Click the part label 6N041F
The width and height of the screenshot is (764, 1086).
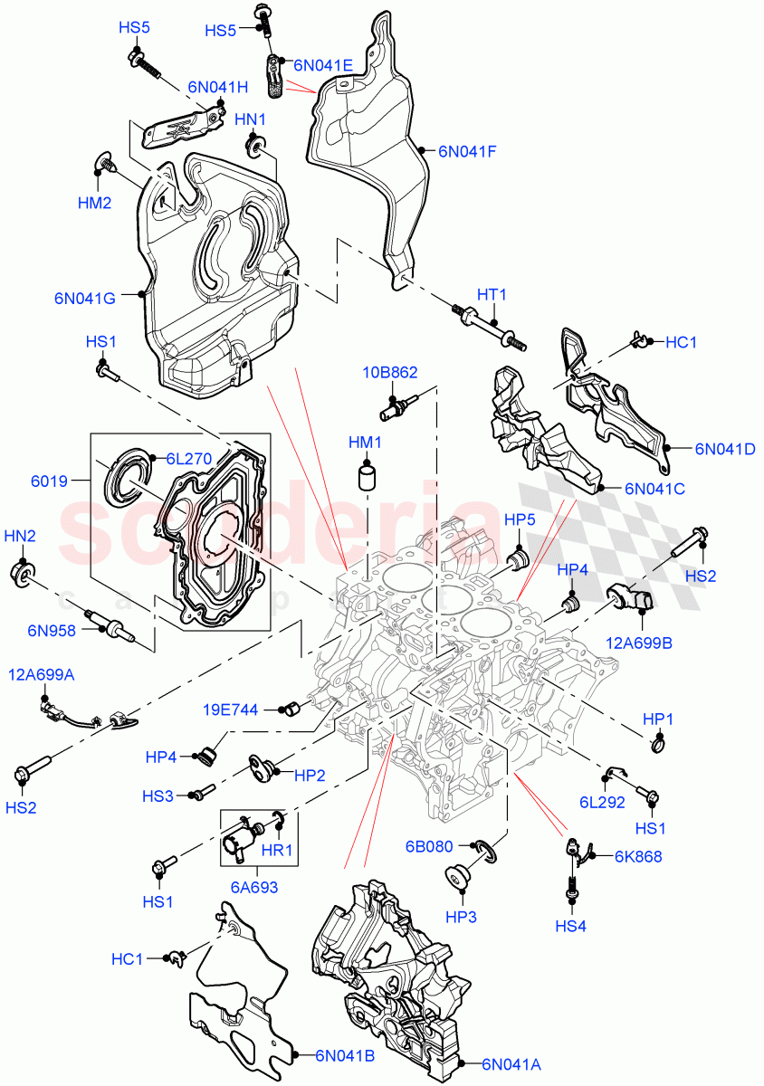coord(467,152)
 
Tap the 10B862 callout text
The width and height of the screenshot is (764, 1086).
coord(390,372)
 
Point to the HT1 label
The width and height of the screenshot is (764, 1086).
coord(492,295)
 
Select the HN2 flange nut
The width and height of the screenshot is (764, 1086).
coord(23,572)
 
